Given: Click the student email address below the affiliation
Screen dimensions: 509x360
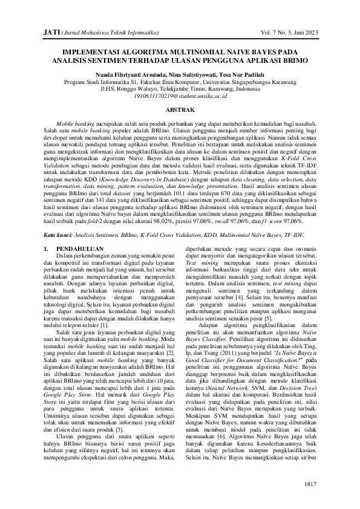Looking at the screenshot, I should coord(180,96).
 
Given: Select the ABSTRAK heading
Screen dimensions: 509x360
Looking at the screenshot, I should coord(180,111).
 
